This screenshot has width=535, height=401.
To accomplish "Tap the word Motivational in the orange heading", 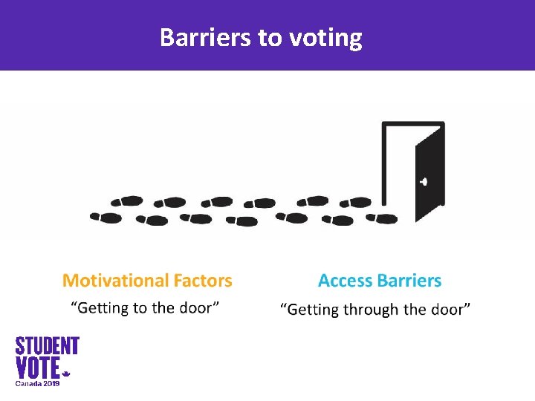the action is [115, 281].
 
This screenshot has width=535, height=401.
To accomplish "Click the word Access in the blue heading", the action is [345, 281].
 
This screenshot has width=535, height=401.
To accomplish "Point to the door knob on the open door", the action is [424, 181].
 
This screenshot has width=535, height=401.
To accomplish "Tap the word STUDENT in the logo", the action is [48, 346].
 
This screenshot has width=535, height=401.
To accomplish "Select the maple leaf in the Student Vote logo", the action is [65, 374].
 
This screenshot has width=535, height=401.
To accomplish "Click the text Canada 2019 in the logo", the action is [38, 383].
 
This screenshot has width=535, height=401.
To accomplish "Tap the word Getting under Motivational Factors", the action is [103, 307].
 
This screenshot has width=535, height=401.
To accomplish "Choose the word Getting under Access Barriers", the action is [314, 309].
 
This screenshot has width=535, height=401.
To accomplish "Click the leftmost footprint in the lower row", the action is [106, 218].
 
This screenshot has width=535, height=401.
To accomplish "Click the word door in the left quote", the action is [197, 307].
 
